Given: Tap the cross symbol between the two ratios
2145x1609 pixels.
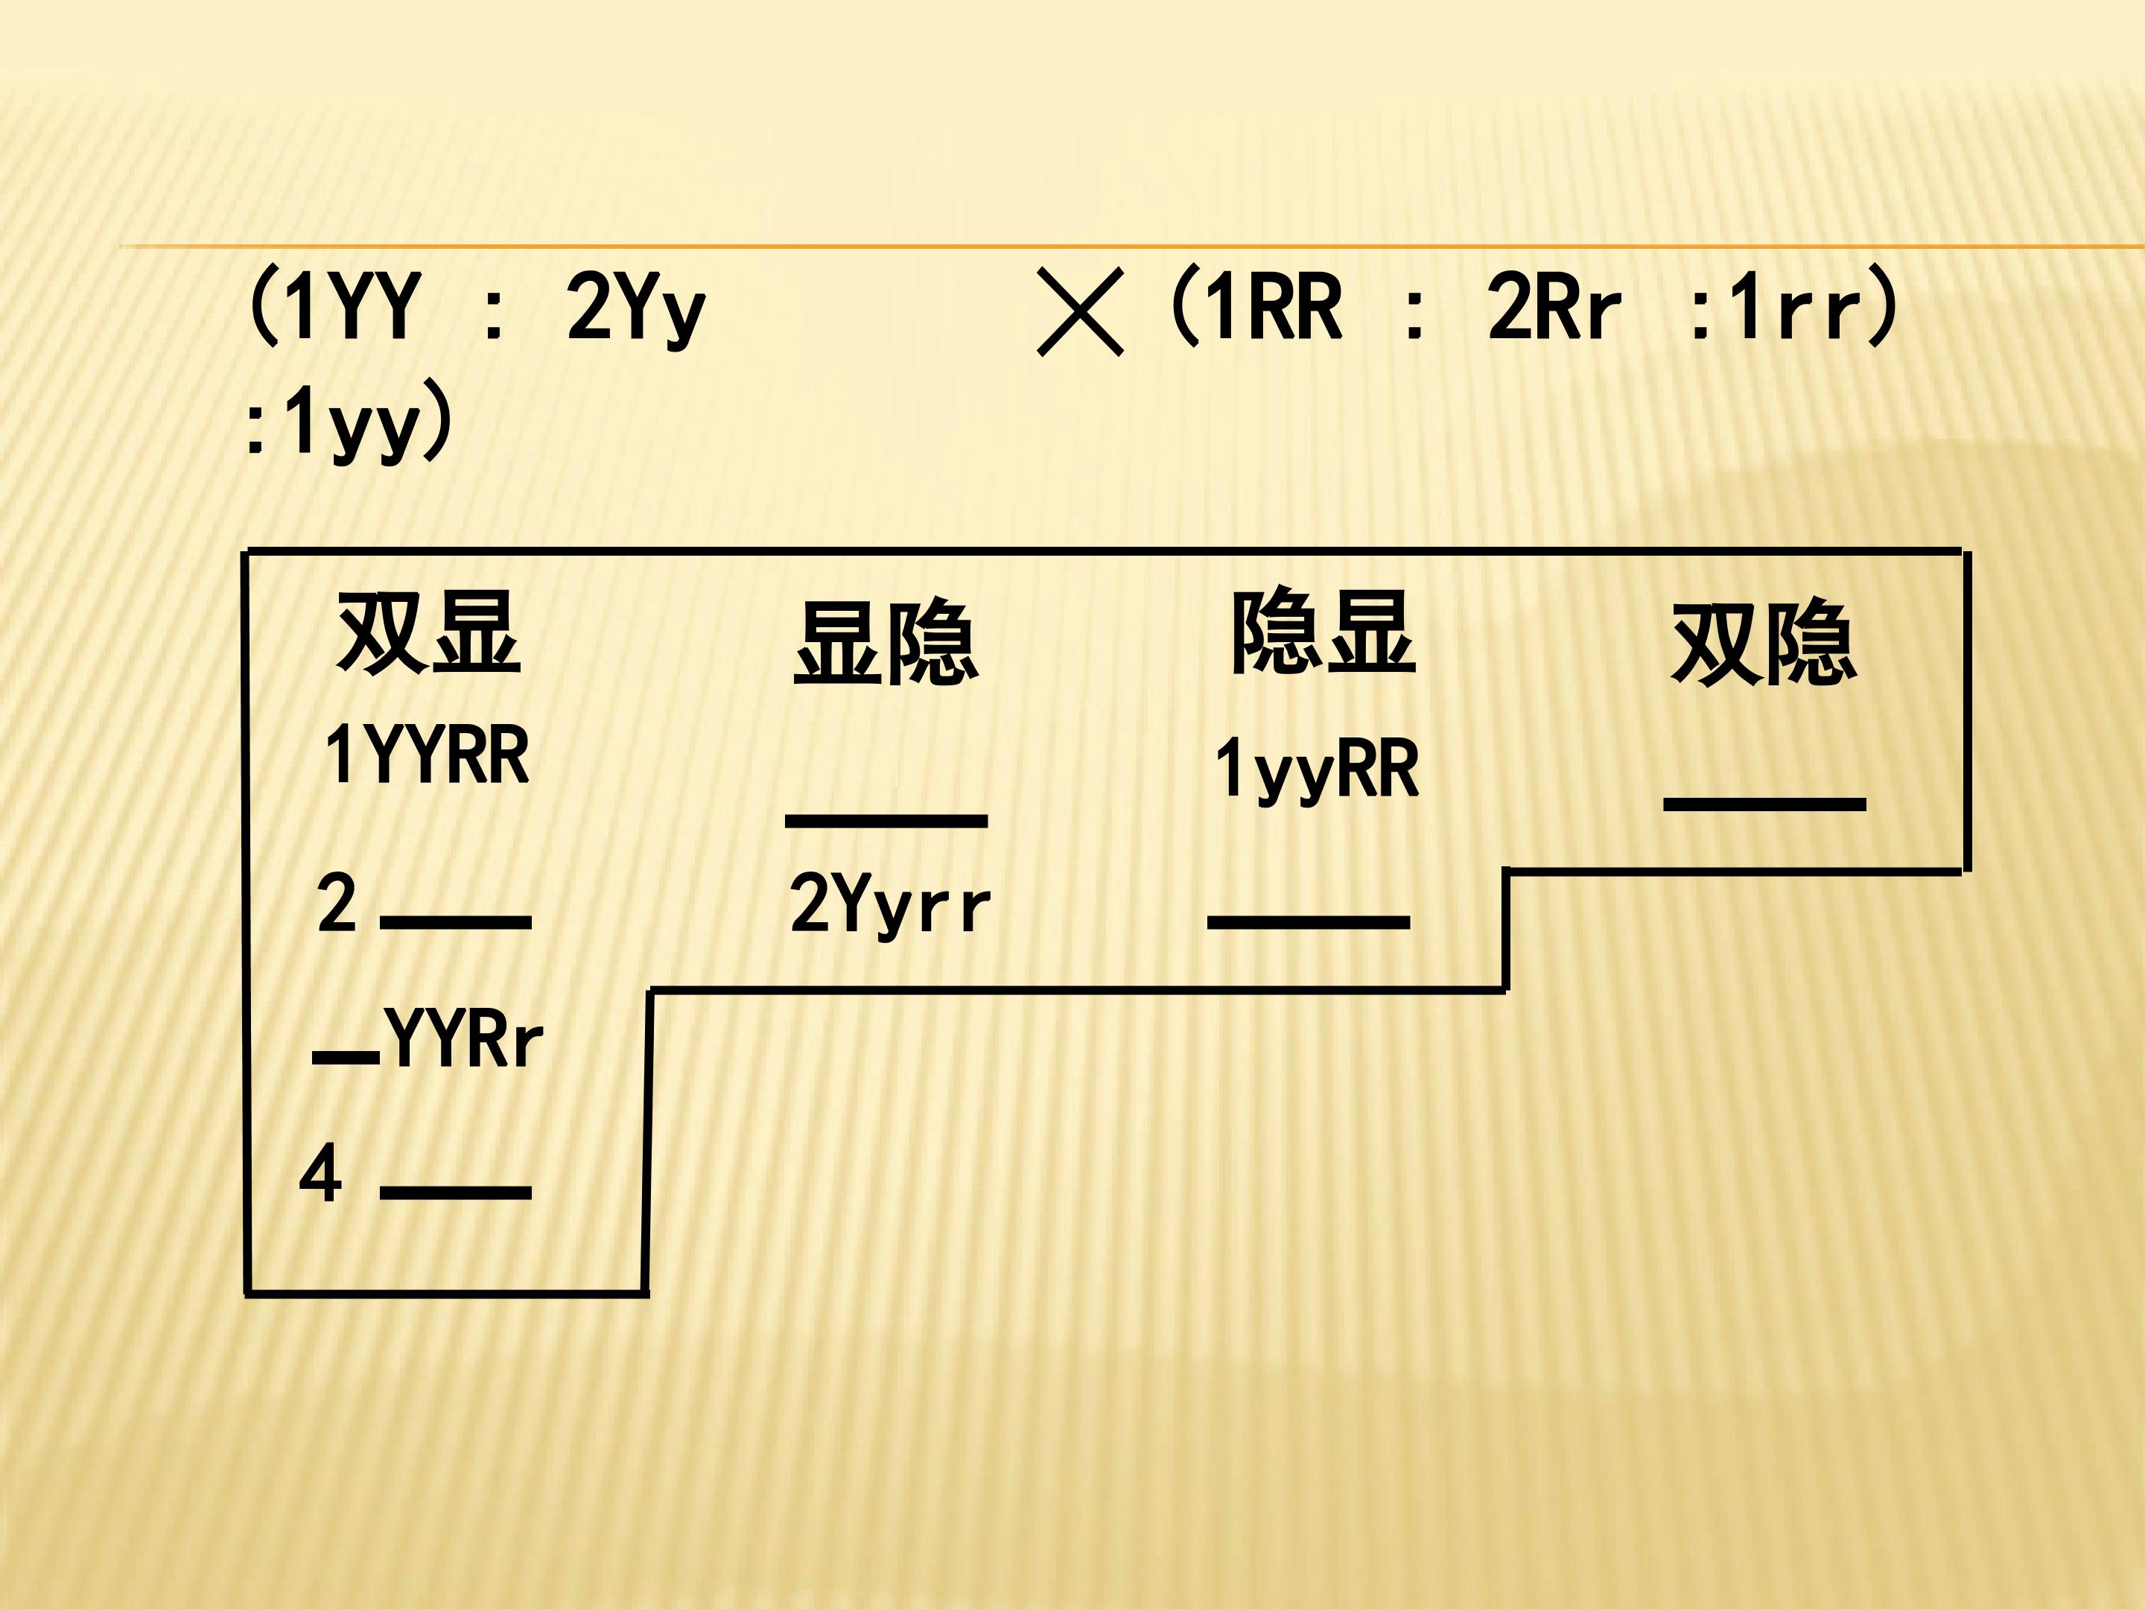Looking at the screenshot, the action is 1079,312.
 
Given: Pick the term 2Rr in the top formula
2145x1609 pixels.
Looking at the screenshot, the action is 1554,306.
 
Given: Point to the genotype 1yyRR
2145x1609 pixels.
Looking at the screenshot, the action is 1318,768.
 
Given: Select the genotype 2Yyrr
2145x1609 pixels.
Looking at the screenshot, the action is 890,904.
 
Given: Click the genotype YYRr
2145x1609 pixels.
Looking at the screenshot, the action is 463,1038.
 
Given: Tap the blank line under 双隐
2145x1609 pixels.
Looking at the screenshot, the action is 1765,804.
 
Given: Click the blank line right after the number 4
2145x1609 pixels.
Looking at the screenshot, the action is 456,1192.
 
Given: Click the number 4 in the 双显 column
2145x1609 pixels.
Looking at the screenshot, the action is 321,1173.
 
